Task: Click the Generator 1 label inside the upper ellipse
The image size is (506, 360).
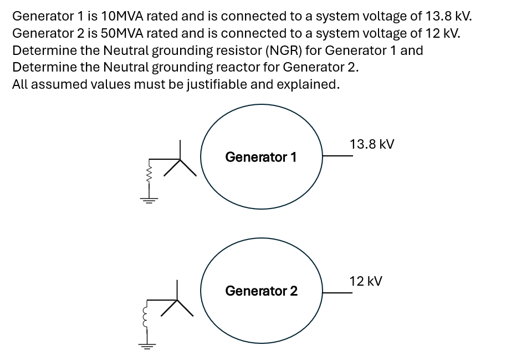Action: [260, 157]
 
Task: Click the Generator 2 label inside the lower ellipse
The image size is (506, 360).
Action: [261, 291]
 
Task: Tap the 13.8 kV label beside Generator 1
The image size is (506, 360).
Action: [372, 144]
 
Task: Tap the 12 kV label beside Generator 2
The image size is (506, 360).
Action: [365, 281]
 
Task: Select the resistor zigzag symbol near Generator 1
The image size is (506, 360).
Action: [149, 176]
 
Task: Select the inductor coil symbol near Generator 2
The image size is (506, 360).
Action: [147, 317]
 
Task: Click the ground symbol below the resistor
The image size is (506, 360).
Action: [149, 199]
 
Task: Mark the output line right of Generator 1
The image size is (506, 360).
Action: [338, 156]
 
